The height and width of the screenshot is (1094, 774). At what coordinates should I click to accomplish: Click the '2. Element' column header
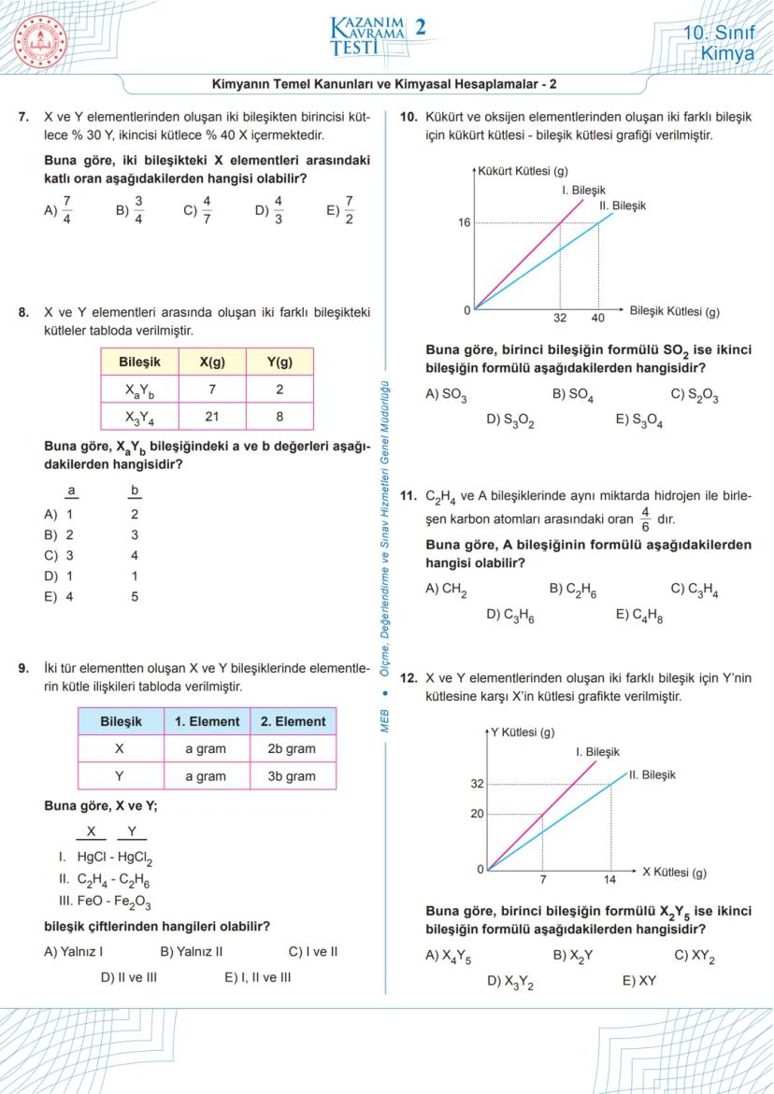(293, 721)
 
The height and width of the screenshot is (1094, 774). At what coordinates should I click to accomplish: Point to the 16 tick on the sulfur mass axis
(464, 222)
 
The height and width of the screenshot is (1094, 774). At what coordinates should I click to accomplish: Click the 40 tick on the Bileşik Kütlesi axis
(598, 319)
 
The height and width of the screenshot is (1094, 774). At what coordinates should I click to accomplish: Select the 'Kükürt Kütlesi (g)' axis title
(523, 171)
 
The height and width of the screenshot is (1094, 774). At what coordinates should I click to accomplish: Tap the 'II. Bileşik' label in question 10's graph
(622, 205)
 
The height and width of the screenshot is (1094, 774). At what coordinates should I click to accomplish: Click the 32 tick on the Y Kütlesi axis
(477, 784)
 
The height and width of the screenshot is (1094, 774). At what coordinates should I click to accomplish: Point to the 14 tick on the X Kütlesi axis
(610, 880)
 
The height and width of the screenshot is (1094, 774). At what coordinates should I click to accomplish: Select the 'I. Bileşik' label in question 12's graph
(596, 751)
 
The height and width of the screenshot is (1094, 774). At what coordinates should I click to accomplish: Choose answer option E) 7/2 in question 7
(340, 210)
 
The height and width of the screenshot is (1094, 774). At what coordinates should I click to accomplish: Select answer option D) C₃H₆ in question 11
(510, 614)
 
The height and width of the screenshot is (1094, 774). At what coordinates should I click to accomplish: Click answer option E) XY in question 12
(638, 981)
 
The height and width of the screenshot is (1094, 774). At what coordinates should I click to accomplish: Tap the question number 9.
(23, 668)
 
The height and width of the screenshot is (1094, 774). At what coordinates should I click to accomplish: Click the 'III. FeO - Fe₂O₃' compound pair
(105, 902)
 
